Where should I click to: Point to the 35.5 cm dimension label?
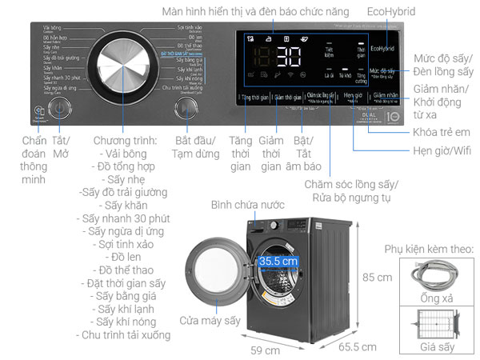[278, 261]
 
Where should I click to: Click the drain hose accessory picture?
[437, 280]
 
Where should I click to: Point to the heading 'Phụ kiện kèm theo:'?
[429, 250]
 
